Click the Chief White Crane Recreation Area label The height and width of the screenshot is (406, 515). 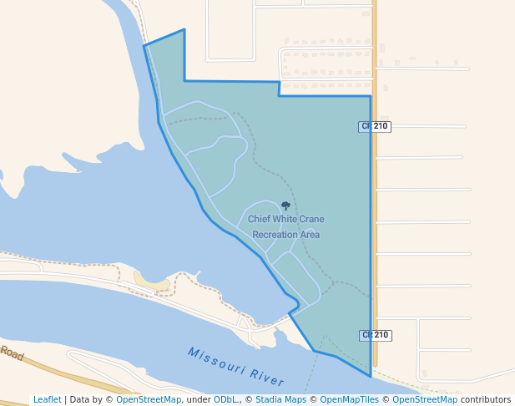(x=285, y=226)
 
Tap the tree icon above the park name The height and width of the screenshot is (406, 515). (x=285, y=206)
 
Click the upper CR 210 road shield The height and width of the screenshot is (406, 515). (x=376, y=126)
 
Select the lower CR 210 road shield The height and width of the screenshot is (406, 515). (x=376, y=335)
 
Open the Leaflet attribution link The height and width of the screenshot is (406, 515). (x=47, y=400)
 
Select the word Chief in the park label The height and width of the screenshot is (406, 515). (x=260, y=219)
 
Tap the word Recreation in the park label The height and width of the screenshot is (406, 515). (x=275, y=235)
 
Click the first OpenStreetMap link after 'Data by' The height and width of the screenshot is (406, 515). (x=149, y=400)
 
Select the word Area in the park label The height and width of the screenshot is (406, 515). (x=310, y=235)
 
